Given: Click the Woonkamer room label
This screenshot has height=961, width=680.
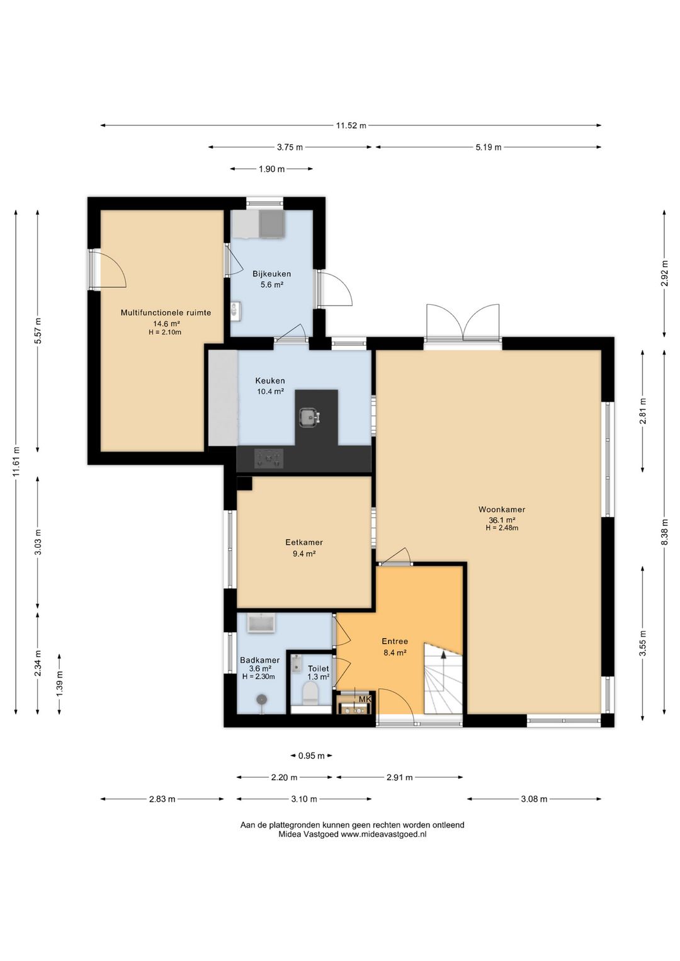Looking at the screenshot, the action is (502, 509).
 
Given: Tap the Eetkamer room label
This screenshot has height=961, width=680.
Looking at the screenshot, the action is (304, 542).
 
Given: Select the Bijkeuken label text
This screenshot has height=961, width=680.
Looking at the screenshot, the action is (271, 274).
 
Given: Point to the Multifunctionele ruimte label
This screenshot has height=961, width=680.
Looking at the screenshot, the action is (166, 313).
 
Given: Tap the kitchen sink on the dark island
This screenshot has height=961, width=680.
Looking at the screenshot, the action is (309, 416).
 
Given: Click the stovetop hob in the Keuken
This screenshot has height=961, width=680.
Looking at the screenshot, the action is (269, 458).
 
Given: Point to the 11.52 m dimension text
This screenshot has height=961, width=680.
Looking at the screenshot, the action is (351, 126).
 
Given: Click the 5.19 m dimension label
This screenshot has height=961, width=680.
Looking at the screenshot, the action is (488, 147).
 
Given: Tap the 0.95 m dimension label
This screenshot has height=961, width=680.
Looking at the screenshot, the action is (312, 756).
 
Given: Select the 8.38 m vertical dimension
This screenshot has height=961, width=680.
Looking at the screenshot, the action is (664, 532).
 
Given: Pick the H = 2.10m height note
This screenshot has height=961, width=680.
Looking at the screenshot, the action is (165, 332).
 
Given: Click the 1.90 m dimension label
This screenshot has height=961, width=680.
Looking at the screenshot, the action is (271, 169).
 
